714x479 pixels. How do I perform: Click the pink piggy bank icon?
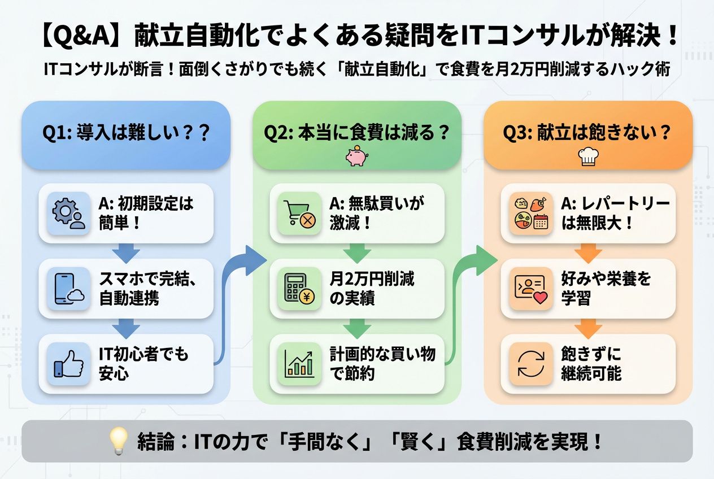(356, 156)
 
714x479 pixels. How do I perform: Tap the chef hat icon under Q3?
(588, 157)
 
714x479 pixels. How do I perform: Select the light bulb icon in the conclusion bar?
(119, 441)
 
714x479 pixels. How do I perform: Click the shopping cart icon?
(300, 214)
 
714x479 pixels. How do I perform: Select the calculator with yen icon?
(300, 289)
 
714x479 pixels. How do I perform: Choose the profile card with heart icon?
(531, 289)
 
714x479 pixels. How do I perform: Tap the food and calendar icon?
(531, 214)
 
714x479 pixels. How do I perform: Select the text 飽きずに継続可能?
(591, 364)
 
